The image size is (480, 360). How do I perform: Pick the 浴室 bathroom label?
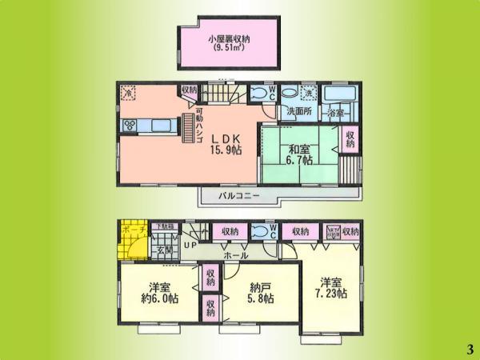(x=337, y=114)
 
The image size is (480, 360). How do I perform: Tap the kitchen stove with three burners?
(x=130, y=125)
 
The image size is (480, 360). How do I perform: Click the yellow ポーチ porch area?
(x=131, y=239)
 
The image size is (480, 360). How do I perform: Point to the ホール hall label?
(x=235, y=256)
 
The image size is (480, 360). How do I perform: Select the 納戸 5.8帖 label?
(x=258, y=293)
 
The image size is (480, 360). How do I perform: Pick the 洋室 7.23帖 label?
(x=332, y=287)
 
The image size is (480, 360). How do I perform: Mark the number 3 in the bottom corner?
(x=469, y=348)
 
